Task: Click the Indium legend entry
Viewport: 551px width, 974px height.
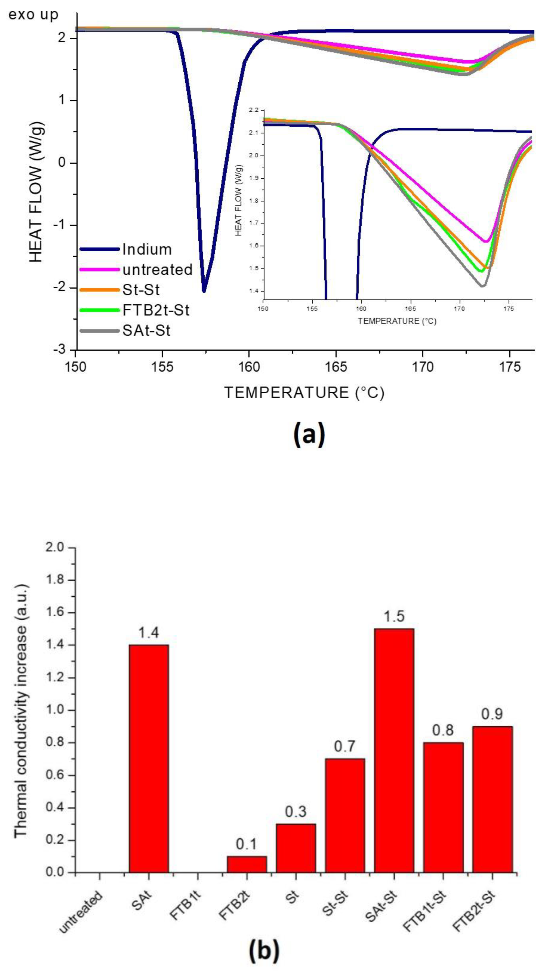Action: [147, 249]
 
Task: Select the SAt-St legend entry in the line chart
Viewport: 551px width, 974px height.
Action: [146, 331]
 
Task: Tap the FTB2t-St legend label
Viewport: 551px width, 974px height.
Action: [156, 311]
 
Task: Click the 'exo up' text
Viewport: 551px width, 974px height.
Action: [33, 15]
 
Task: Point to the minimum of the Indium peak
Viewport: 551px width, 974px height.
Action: [204, 291]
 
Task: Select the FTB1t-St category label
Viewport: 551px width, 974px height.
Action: [425, 909]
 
